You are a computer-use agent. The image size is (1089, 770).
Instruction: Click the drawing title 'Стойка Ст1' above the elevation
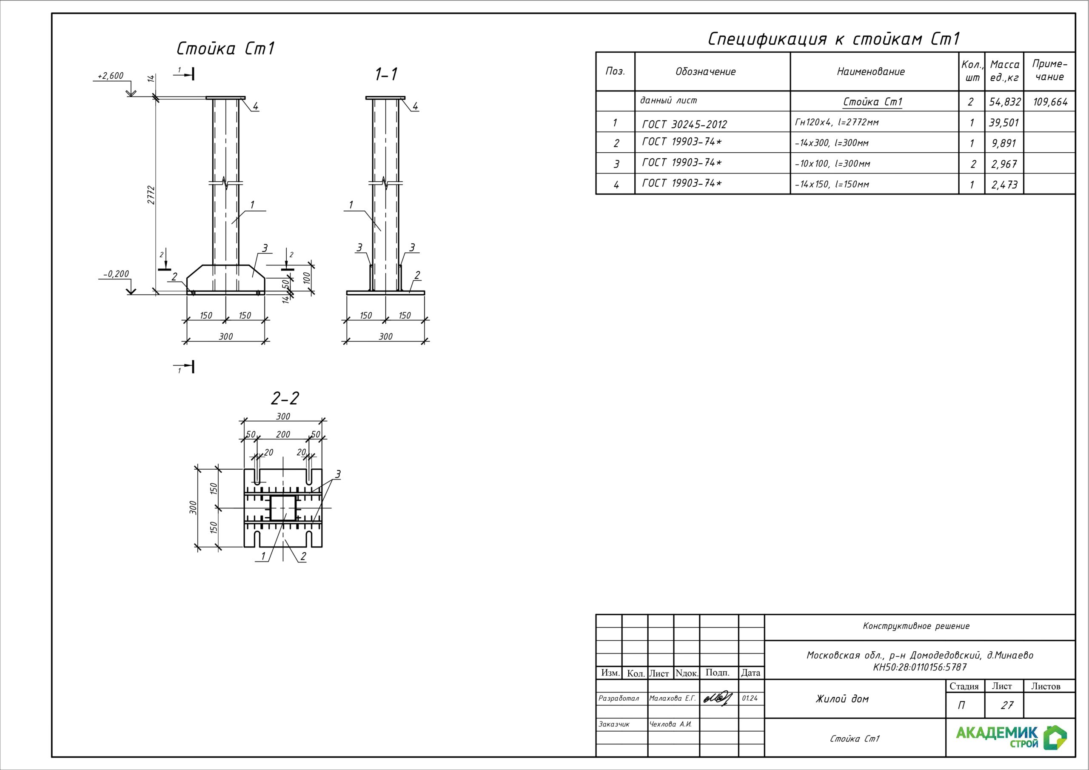coord(225,49)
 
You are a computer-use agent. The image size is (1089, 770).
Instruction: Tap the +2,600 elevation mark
coord(111,76)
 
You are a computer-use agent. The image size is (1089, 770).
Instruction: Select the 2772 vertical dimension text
coord(151,195)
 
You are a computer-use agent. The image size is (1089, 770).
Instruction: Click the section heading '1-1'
coord(386,74)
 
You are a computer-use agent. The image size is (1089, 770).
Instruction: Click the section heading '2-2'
coord(285,399)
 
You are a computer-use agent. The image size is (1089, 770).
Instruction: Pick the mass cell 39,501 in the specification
coord(1003,123)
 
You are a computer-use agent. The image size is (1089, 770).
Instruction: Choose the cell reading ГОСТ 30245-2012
coord(684,124)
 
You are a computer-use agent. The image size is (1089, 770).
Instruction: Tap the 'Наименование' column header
coord(870,71)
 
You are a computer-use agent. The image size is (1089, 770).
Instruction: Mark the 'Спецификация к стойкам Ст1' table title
coord(833,39)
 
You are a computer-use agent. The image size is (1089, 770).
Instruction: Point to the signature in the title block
coord(718,698)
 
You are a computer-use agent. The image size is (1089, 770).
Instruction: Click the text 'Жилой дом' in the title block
coord(842,699)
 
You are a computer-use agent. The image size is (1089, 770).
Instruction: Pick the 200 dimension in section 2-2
coord(283,434)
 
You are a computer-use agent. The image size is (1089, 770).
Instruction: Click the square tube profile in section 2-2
coord(283,508)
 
